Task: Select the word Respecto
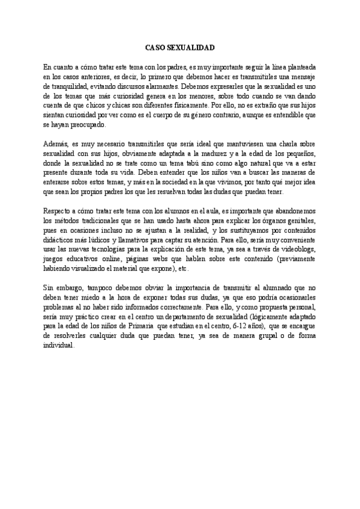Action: click(58, 212)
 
